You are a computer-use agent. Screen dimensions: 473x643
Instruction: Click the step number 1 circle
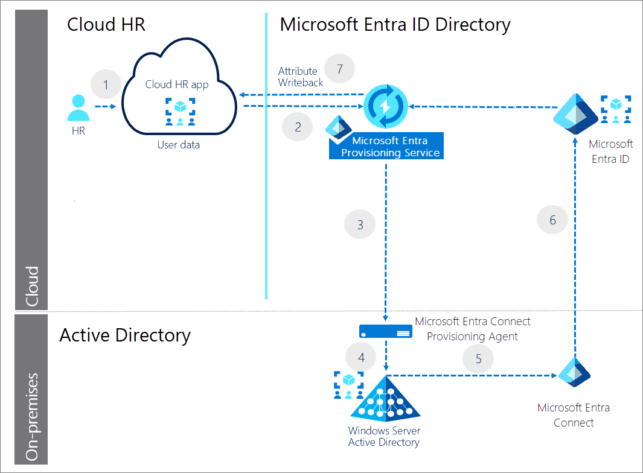pyautogui.click(x=106, y=84)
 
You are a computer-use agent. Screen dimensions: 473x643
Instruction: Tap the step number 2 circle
pyautogui.click(x=298, y=127)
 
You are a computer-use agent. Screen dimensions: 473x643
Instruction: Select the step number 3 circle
pyautogui.click(x=360, y=225)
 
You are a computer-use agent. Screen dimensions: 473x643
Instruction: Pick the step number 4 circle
pyautogui.click(x=361, y=358)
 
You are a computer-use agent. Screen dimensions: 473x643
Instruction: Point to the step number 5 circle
pyautogui.click(x=478, y=359)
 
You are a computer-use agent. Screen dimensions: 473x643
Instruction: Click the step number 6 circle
pyautogui.click(x=553, y=220)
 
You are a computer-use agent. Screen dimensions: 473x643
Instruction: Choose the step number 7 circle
pyautogui.click(x=340, y=69)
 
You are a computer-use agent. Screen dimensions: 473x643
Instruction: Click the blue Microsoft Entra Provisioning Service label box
pyautogui.click(x=386, y=147)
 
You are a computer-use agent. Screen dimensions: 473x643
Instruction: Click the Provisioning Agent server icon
pyautogui.click(x=386, y=331)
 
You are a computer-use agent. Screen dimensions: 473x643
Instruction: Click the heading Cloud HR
pyautogui.click(x=106, y=24)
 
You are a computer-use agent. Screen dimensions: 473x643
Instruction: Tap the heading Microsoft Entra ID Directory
pyautogui.click(x=395, y=24)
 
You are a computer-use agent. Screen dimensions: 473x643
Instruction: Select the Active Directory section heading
pyautogui.click(x=125, y=335)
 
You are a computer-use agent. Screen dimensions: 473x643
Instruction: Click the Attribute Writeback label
pyautogui.click(x=300, y=77)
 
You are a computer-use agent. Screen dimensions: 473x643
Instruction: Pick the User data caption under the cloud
pyautogui.click(x=179, y=145)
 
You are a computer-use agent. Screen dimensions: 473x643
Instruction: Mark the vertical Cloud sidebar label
pyautogui.click(x=31, y=287)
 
